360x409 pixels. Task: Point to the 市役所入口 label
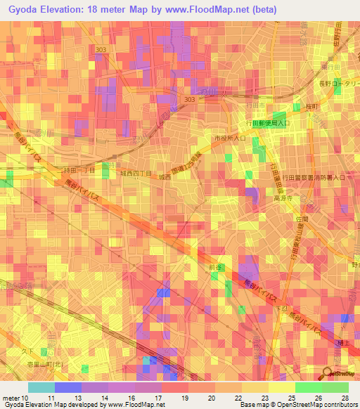[x=230, y=138]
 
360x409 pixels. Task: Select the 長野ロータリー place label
[x=337, y=84]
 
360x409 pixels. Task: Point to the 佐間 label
[x=302, y=219]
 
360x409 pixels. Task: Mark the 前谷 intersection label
[x=215, y=268]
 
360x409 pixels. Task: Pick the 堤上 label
[x=343, y=342]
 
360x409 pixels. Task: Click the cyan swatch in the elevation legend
[x=41, y=387]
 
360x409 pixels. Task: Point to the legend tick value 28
[x=344, y=397]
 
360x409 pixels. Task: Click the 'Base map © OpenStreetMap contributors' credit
[x=298, y=405]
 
